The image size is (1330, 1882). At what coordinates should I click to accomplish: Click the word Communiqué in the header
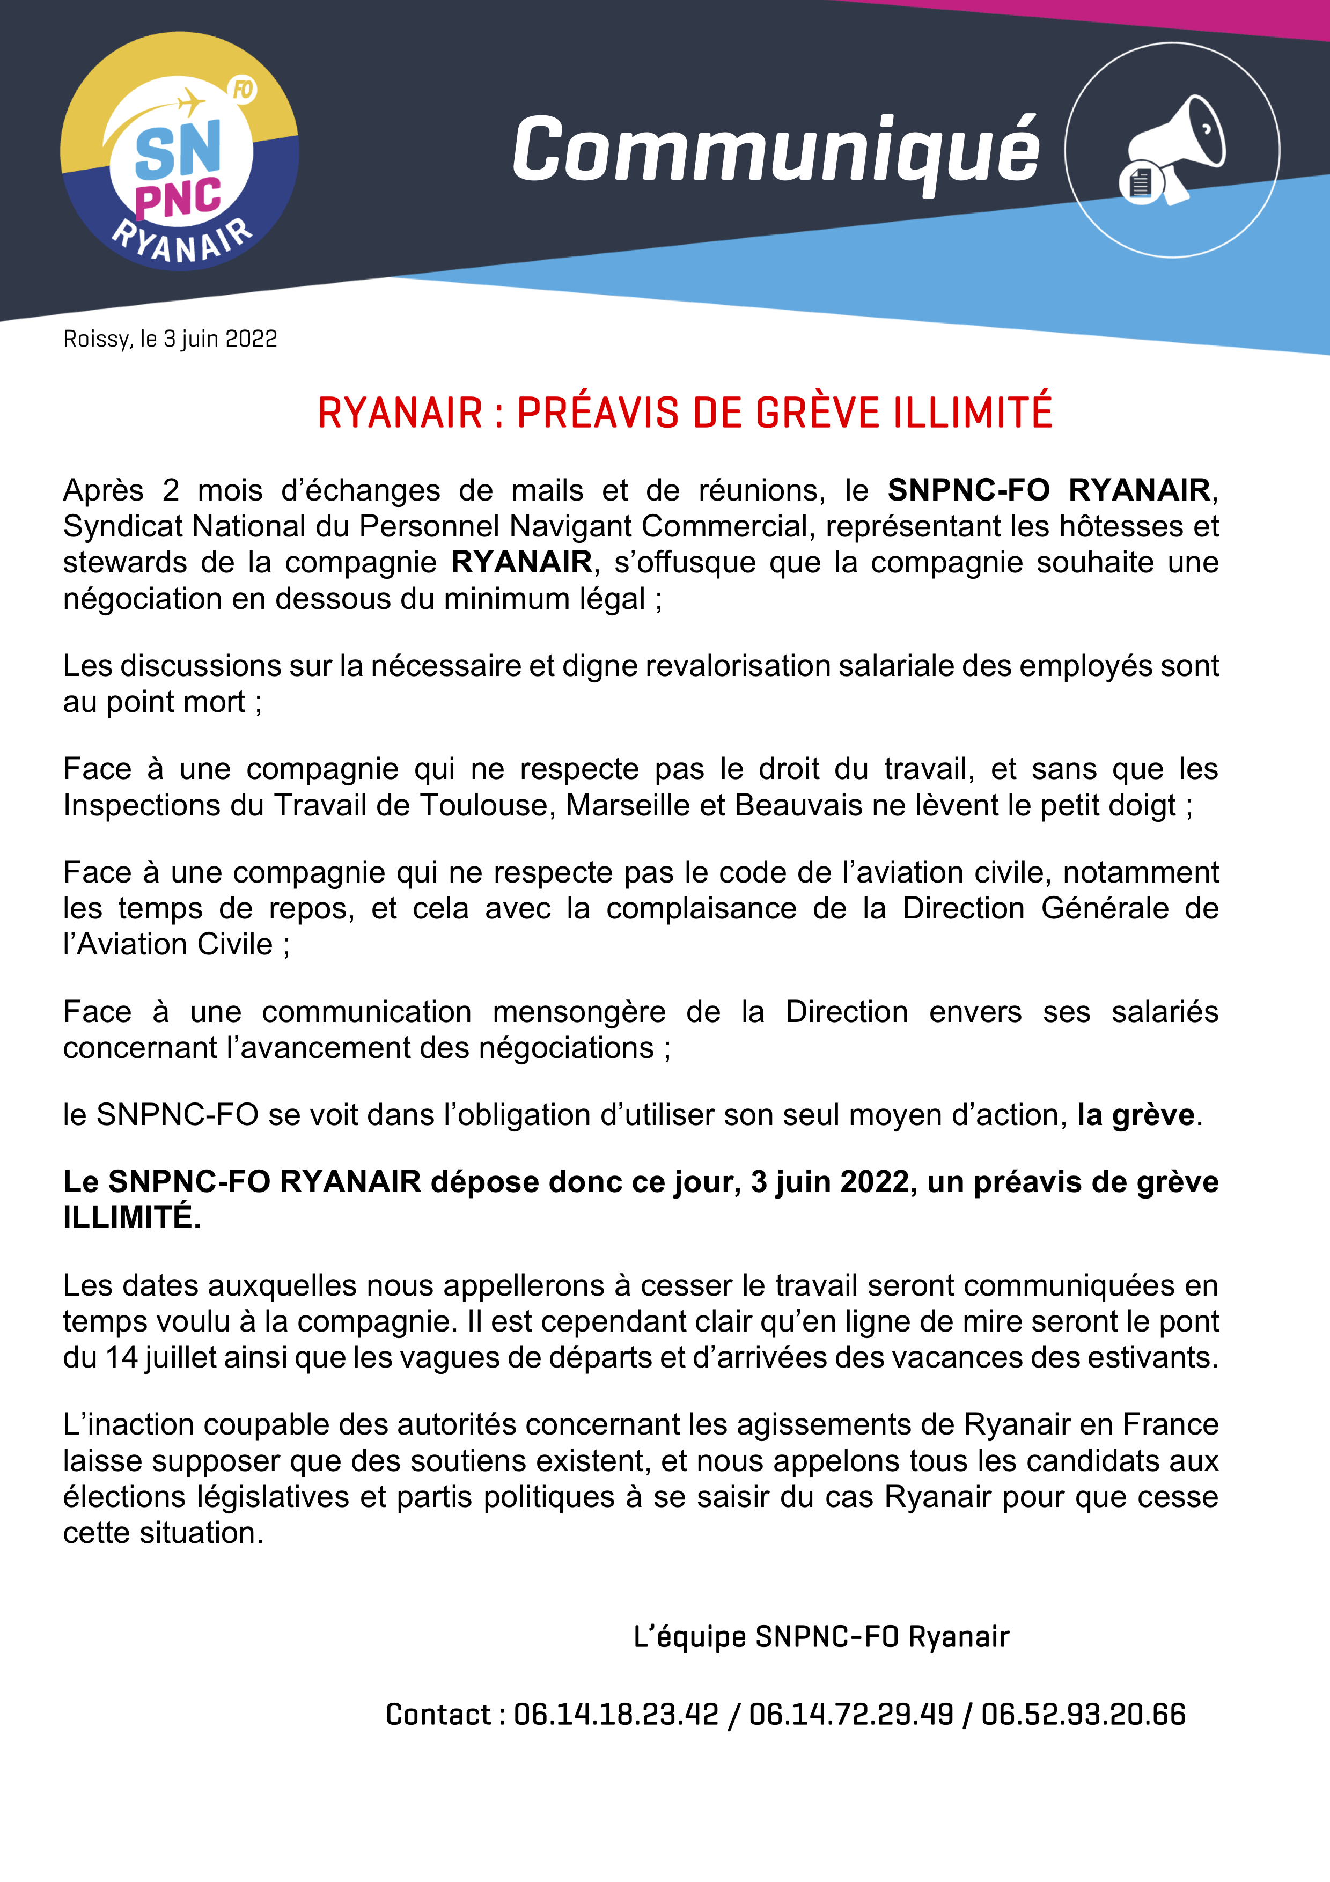[776, 150]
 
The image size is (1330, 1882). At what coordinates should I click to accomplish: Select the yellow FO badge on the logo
[243, 90]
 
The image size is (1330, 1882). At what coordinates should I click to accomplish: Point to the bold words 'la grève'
[1135, 1115]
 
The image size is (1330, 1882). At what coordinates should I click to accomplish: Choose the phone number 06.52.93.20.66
[1083, 1714]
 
